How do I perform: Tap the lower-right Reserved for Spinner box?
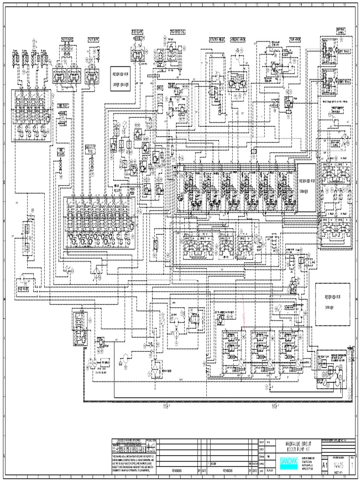pyautogui.click(x=332, y=304)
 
